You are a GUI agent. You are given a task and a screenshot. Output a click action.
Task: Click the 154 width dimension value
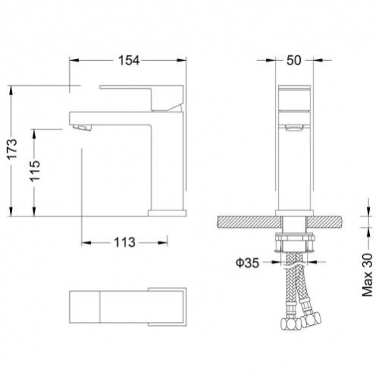(x=129, y=61)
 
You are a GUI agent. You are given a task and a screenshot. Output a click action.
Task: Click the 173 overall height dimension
(x=12, y=149)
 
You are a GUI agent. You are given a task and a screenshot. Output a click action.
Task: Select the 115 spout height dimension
(x=35, y=171)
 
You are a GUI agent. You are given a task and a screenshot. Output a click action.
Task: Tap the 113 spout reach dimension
(x=125, y=242)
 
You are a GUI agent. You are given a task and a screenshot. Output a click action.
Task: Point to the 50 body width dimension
(x=294, y=61)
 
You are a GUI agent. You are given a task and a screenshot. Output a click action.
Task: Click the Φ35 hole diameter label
(x=248, y=263)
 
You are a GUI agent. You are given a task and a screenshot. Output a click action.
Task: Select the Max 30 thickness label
(x=368, y=275)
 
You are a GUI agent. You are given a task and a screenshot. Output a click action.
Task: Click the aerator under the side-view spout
(x=81, y=128)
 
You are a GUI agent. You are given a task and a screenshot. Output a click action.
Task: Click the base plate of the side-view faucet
(x=167, y=213)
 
